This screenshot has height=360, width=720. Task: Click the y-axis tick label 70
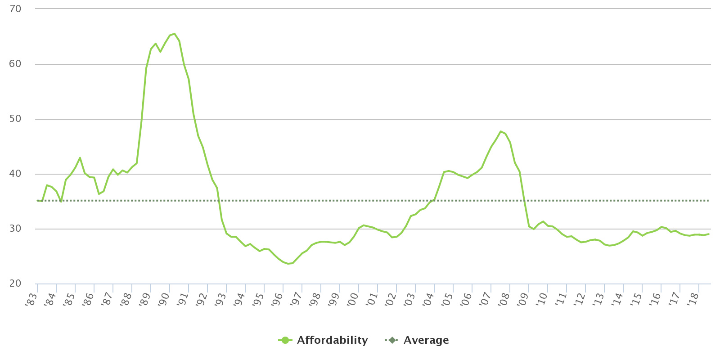click(x=15, y=9)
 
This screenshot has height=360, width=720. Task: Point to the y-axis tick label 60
click(x=15, y=64)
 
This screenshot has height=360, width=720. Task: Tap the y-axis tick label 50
click(x=15, y=119)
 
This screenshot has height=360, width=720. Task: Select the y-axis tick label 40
click(x=15, y=174)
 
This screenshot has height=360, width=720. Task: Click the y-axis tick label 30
click(x=15, y=229)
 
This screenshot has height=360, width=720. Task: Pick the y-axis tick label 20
click(x=15, y=283)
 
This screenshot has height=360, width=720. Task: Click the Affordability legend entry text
click(x=332, y=340)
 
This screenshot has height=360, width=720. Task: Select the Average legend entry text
click(x=426, y=340)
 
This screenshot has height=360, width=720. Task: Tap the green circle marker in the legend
click(x=285, y=340)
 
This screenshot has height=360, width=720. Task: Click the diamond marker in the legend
click(x=392, y=340)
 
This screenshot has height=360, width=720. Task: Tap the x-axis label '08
click(x=504, y=298)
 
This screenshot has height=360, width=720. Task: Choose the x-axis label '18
click(x=693, y=298)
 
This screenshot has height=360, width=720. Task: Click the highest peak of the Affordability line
click(x=175, y=34)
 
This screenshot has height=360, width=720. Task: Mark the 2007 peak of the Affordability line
click(x=500, y=131)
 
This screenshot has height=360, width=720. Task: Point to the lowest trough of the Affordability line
click(x=288, y=263)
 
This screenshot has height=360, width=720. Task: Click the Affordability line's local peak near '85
click(x=80, y=158)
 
